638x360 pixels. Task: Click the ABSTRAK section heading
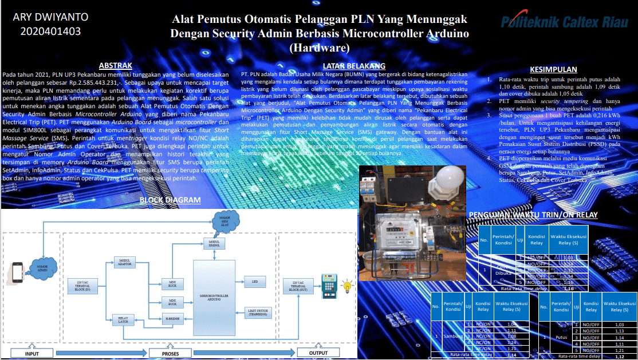click(x=115, y=66)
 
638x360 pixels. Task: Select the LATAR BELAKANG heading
click(x=354, y=66)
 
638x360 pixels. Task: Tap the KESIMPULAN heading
click(x=553, y=69)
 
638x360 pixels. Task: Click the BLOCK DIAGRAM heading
click(x=170, y=200)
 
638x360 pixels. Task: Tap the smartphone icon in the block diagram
click(x=18, y=270)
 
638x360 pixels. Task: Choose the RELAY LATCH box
click(x=123, y=320)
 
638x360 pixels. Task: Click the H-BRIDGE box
click(x=172, y=319)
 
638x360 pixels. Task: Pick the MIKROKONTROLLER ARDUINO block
click(x=214, y=298)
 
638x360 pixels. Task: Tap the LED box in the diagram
click(x=255, y=280)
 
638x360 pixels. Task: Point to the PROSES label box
click(x=171, y=353)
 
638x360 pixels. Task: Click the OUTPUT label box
click(x=318, y=353)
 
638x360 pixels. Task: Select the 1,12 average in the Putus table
click(x=619, y=356)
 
